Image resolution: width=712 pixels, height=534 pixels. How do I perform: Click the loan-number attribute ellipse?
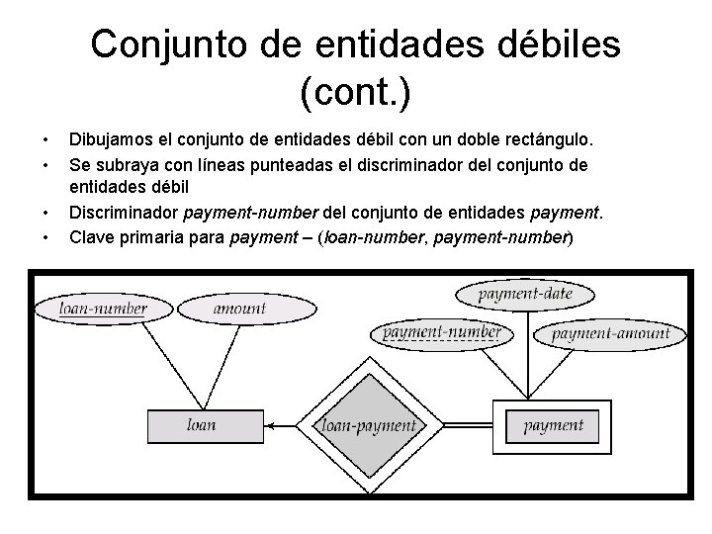[x=103, y=309]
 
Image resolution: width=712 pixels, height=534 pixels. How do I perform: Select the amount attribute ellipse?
[x=239, y=309]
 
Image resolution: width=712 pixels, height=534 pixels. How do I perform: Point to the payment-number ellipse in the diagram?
[x=441, y=332]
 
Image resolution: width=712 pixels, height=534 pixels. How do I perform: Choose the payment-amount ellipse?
[x=610, y=333]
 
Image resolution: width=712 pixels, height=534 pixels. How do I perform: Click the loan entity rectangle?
[x=202, y=426]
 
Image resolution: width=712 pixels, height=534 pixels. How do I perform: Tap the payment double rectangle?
[x=553, y=426]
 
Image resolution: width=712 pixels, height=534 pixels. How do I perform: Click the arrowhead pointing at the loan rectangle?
[x=273, y=426]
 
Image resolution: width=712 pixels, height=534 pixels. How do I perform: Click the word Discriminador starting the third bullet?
[x=126, y=213]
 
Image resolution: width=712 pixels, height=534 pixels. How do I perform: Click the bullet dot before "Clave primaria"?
[x=44, y=236]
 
